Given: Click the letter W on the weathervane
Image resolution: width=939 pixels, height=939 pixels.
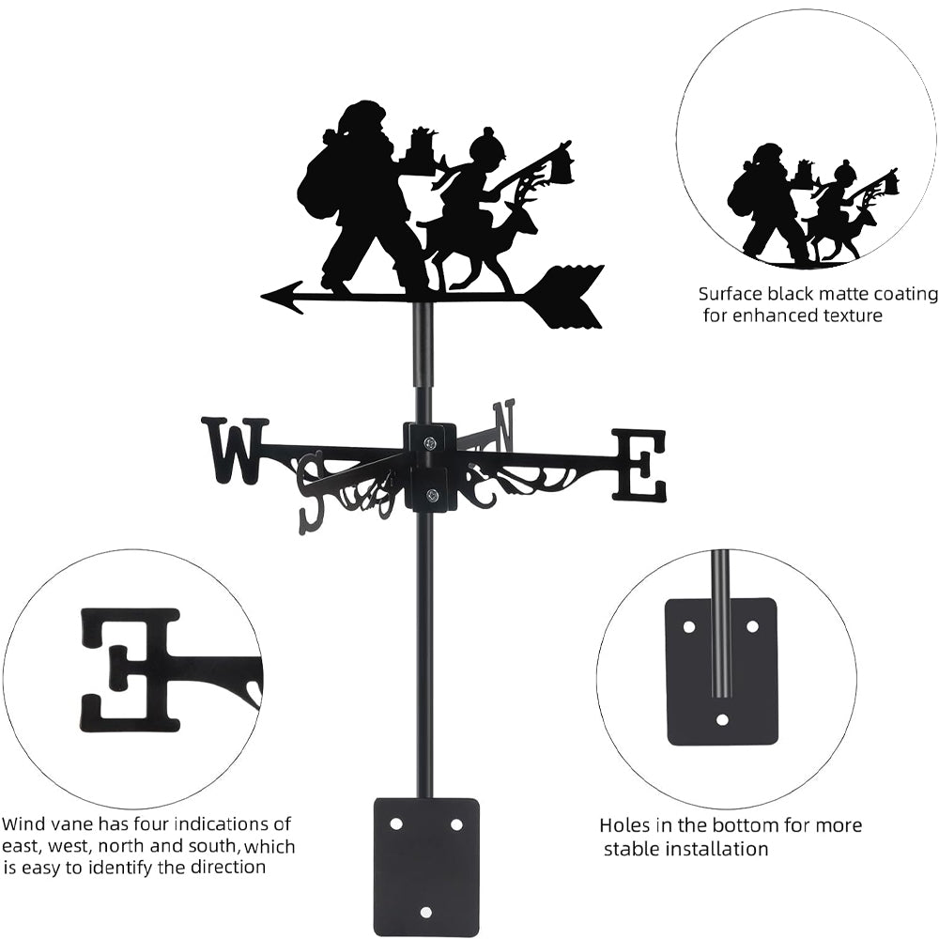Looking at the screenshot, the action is pos(236,451).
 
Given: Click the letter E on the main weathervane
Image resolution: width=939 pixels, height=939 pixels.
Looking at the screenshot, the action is pos(639,465).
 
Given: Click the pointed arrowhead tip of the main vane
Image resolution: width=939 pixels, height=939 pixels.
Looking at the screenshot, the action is pos(262,296).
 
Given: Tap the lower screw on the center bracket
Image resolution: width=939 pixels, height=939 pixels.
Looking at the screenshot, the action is pos(431,495).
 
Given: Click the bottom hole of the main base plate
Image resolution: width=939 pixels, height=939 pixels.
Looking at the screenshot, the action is pos(425,912).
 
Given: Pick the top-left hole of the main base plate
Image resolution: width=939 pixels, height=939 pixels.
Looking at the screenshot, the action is pos(396,824).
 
